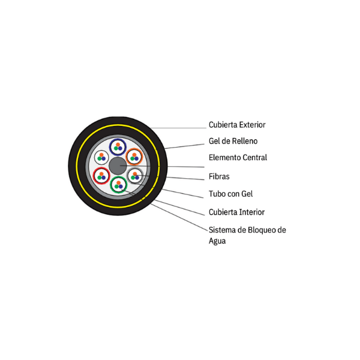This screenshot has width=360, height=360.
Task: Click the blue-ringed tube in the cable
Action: pyautogui.click(x=118, y=146)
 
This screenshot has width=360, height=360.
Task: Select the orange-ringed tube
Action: pyautogui.click(x=134, y=157)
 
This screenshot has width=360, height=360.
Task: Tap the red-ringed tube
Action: pyautogui.click(x=101, y=175)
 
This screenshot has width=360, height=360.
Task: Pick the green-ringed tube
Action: pyautogui.click(x=118, y=184)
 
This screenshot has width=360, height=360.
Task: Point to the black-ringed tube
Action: pyautogui.click(x=101, y=157)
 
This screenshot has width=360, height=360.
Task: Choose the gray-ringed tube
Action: pyautogui.click(x=135, y=175)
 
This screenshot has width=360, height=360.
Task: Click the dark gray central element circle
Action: pyautogui.click(x=118, y=166)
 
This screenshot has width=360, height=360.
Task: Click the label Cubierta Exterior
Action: pyautogui.click(x=236, y=125)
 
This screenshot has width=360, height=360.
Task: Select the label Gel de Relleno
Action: pyautogui.click(x=233, y=142)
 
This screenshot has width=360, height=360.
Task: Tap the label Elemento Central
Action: pyautogui.click(x=238, y=158)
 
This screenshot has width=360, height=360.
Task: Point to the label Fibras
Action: pyautogui.click(x=219, y=176)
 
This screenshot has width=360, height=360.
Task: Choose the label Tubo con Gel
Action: pyautogui.click(x=230, y=194)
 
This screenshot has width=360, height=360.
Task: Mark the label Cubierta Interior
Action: pyautogui.click(x=236, y=212)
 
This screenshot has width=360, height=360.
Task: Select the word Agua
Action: pyautogui.click(x=217, y=241)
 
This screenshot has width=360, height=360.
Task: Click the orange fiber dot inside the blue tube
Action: pyautogui.click(x=118, y=144)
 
